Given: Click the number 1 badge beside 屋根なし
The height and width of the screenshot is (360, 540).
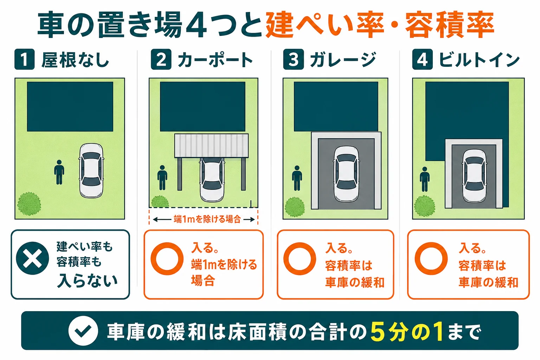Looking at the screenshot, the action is pos(24,59).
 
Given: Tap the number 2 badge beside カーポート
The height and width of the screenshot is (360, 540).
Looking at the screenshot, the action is pos(161,59).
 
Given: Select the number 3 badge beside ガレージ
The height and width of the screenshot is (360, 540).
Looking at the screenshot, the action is pos(294,59).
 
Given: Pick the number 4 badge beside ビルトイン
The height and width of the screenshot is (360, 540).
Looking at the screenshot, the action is pos(422,59).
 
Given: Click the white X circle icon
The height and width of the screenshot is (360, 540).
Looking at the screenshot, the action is pos(32,258).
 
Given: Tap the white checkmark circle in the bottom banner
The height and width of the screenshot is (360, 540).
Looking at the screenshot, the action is pos(83,331).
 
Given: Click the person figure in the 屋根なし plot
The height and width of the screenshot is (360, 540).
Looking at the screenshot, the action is pos(59,172).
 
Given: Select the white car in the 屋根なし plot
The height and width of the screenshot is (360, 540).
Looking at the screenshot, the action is pos(91,171).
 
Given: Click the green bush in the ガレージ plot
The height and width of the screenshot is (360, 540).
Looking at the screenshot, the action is pos(295,207).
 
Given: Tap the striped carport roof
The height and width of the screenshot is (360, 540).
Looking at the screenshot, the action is pos(211,146).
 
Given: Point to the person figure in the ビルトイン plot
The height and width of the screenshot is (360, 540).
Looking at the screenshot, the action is pos(425,179).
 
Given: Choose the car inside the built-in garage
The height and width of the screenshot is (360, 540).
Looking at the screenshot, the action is pos(474,175).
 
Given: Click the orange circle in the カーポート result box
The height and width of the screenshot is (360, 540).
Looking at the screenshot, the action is pos(167,259).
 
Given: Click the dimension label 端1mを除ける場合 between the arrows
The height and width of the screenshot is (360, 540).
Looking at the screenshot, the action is pos(207,219).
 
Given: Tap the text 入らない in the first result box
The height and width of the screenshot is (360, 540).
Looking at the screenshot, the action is pos(87,281).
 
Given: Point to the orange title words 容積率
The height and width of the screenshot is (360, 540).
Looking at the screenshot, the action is pos(450,25).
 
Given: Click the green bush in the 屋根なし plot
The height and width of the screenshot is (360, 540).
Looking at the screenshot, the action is pos(29,204).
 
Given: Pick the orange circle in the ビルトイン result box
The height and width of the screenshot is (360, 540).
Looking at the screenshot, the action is pos(431,259).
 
